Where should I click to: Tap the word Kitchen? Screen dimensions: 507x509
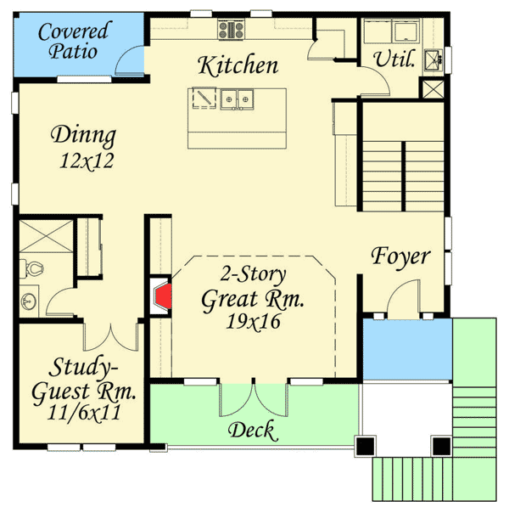click(x=238, y=65)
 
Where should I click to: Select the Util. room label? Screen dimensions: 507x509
click(x=394, y=59)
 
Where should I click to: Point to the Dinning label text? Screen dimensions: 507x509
click(x=83, y=135)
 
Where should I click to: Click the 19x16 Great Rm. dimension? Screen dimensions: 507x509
click(x=254, y=322)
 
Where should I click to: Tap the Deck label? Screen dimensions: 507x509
click(x=252, y=431)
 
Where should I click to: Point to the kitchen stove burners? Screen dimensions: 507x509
click(x=231, y=31)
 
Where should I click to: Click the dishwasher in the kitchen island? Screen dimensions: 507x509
click(x=204, y=100)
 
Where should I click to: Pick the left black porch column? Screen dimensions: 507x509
click(x=366, y=445)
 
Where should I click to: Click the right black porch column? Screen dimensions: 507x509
click(x=441, y=445)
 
